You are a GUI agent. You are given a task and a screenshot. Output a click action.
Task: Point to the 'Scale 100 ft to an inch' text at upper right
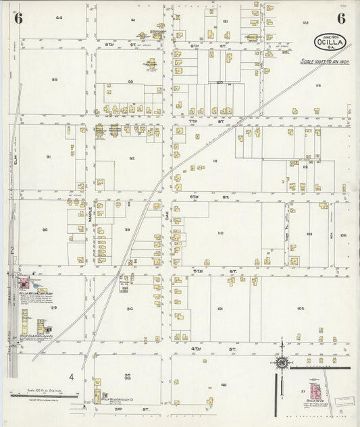tap(323, 61)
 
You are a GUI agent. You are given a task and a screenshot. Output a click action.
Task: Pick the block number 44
tap(59, 18)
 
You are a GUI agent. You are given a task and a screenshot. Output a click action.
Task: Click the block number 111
tap(215, 161)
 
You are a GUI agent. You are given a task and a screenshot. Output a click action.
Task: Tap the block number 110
tap(220, 232)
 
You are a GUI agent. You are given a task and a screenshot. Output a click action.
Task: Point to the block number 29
tap(53, 307)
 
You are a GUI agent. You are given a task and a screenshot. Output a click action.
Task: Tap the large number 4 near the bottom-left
tap(71, 376)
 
